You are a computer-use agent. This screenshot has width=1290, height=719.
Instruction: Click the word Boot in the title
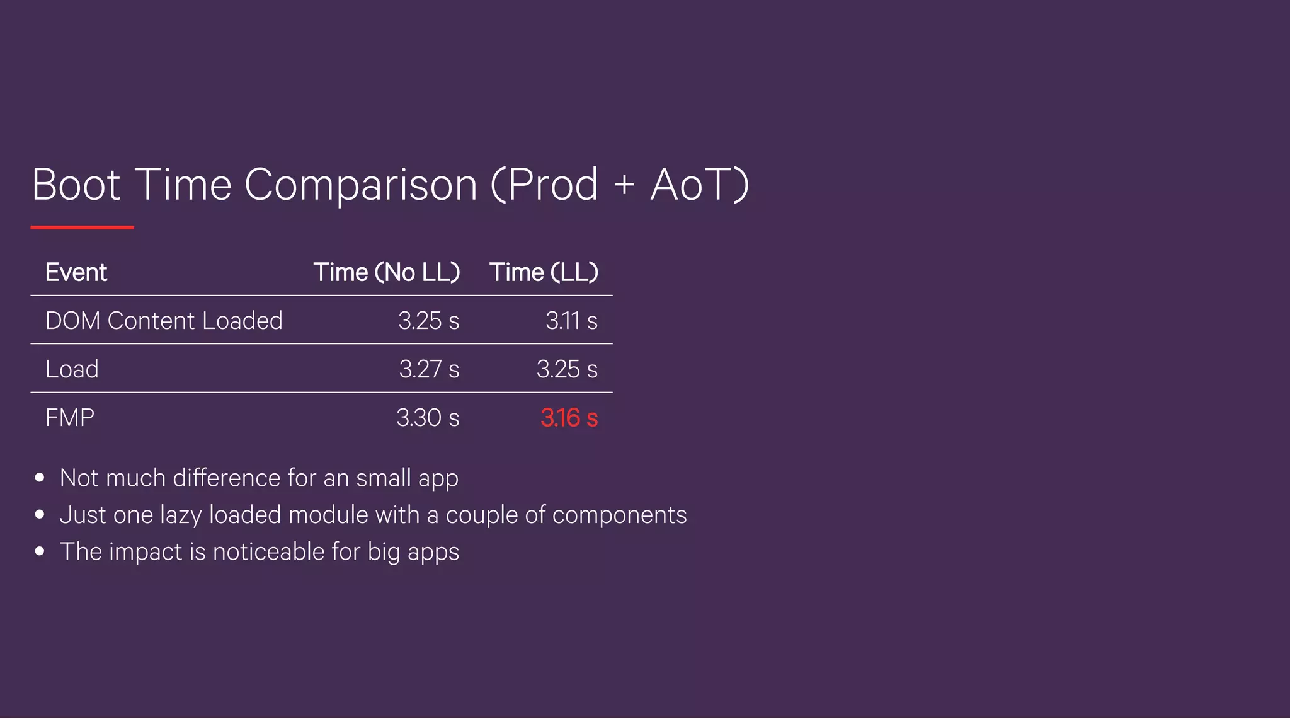coord(76,185)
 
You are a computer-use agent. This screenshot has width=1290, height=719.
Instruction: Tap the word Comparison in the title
coord(361,185)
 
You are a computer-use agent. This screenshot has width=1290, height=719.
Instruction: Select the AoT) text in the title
coord(700,185)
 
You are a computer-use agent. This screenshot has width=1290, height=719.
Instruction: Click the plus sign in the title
coord(624,185)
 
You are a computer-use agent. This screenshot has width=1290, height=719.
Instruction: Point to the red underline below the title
coord(82,227)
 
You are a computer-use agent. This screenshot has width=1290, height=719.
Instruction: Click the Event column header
coord(76,272)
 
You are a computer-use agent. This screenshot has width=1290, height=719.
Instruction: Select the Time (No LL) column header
coord(387,272)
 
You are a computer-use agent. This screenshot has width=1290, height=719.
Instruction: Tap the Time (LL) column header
coord(544,272)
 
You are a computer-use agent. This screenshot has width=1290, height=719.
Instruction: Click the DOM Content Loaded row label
coord(164,321)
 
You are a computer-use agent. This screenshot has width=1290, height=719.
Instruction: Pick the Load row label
coord(72,369)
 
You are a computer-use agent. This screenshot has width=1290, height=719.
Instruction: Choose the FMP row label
coord(69,418)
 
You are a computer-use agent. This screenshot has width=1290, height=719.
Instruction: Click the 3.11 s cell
coord(571,321)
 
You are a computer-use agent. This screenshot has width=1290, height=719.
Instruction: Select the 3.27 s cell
coord(429,369)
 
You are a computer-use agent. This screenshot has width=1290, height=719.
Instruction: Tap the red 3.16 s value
coord(569,418)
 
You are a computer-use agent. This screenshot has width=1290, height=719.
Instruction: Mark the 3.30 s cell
coord(428,418)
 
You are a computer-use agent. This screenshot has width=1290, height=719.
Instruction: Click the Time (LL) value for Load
coord(567,369)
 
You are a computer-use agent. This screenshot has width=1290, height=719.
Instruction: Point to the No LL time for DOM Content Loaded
coord(428,321)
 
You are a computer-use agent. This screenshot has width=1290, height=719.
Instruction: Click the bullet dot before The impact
coord(40,551)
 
